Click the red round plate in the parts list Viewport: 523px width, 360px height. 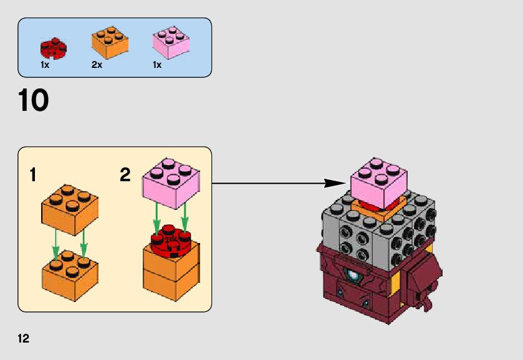[53, 47]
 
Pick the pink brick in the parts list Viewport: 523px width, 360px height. [171, 43]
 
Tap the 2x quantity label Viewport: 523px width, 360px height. [97, 65]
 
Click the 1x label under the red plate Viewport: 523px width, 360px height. [45, 65]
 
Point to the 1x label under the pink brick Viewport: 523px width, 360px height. [157, 65]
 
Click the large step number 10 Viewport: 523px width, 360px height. [34, 101]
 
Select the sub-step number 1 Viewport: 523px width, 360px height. [32, 176]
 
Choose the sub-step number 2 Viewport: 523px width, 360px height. [125, 176]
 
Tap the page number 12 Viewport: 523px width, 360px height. [24, 339]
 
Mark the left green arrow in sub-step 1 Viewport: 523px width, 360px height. [56, 244]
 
